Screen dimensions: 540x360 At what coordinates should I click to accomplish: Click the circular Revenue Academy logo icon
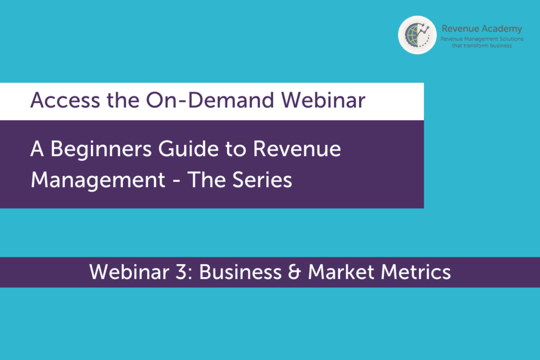click(x=417, y=35)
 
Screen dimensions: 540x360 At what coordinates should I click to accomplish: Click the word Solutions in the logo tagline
click(x=512, y=39)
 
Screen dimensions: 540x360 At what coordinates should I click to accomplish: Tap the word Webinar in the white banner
click(x=323, y=100)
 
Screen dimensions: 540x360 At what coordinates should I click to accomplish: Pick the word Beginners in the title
click(x=101, y=149)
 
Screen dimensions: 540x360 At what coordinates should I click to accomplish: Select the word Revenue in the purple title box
click(x=297, y=149)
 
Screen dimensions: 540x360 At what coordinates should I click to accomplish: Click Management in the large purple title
click(x=98, y=180)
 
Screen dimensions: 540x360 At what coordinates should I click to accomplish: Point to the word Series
click(x=262, y=180)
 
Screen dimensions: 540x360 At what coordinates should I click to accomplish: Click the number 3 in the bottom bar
click(x=181, y=272)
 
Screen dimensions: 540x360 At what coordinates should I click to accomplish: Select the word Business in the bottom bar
click(x=240, y=272)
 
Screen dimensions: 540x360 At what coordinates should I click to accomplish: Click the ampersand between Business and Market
click(x=294, y=272)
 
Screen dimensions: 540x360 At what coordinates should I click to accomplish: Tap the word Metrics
click(x=416, y=272)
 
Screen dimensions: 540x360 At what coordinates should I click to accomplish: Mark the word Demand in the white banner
click(x=231, y=100)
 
